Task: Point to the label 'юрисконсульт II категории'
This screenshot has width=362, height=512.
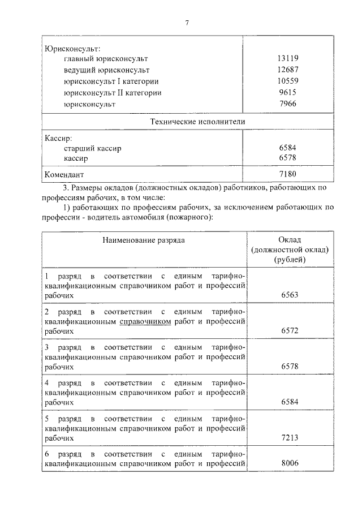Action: pos(113,93)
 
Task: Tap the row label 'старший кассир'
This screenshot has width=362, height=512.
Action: pos(93,148)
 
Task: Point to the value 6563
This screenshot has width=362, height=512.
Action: pos(289,295)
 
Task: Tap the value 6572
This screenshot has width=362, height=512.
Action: pos(289,330)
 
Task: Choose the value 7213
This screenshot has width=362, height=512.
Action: pos(289,437)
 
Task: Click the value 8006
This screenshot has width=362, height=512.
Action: pos(289,463)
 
